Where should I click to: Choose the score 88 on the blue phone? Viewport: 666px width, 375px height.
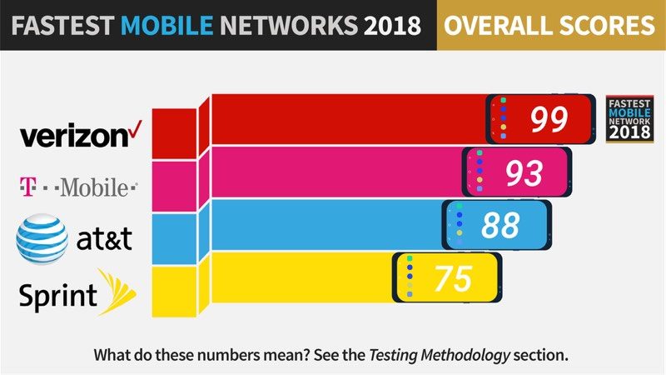pyautogui.click(x=500, y=225)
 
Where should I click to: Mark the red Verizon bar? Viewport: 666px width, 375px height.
pyautogui.click(x=350, y=119)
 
